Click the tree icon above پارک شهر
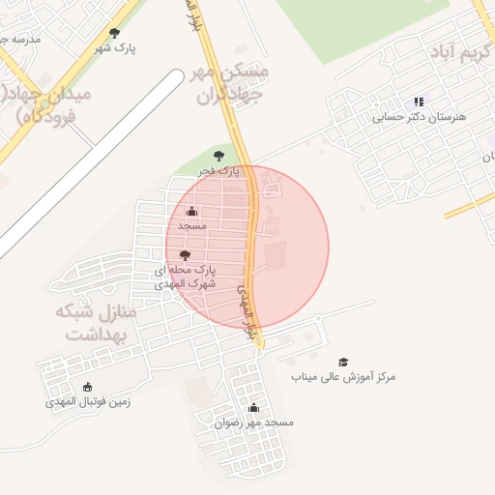point(114,33)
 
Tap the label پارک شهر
point(115,46)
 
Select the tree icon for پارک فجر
point(218,155)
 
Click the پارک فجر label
point(218,170)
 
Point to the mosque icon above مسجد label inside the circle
point(191,211)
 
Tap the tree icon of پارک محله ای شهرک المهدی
point(185,255)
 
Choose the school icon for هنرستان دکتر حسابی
point(419,102)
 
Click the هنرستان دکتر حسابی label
point(420,117)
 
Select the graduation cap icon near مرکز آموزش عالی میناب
point(343,362)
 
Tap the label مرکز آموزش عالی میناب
point(343,376)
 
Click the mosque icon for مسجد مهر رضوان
point(253,408)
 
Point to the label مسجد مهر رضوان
point(254,422)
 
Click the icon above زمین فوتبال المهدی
point(88,387)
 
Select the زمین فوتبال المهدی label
point(88,401)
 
